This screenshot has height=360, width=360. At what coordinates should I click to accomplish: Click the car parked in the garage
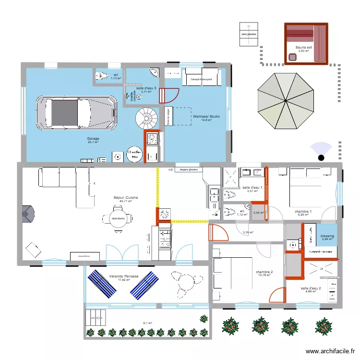(77, 113)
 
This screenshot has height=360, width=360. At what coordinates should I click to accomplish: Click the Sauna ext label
(303, 48)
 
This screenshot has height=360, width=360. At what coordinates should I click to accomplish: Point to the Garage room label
(93, 139)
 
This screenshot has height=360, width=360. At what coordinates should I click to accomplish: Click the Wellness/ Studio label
(207, 116)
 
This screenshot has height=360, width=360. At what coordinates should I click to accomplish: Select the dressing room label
(327, 236)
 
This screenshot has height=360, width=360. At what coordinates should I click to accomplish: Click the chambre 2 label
(264, 272)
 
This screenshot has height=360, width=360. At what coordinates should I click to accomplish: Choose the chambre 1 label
(303, 212)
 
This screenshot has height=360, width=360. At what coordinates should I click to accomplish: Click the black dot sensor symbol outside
(321, 156)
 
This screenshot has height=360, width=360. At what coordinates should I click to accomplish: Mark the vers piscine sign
(249, 34)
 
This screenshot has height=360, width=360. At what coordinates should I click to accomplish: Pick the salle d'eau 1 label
(252, 188)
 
